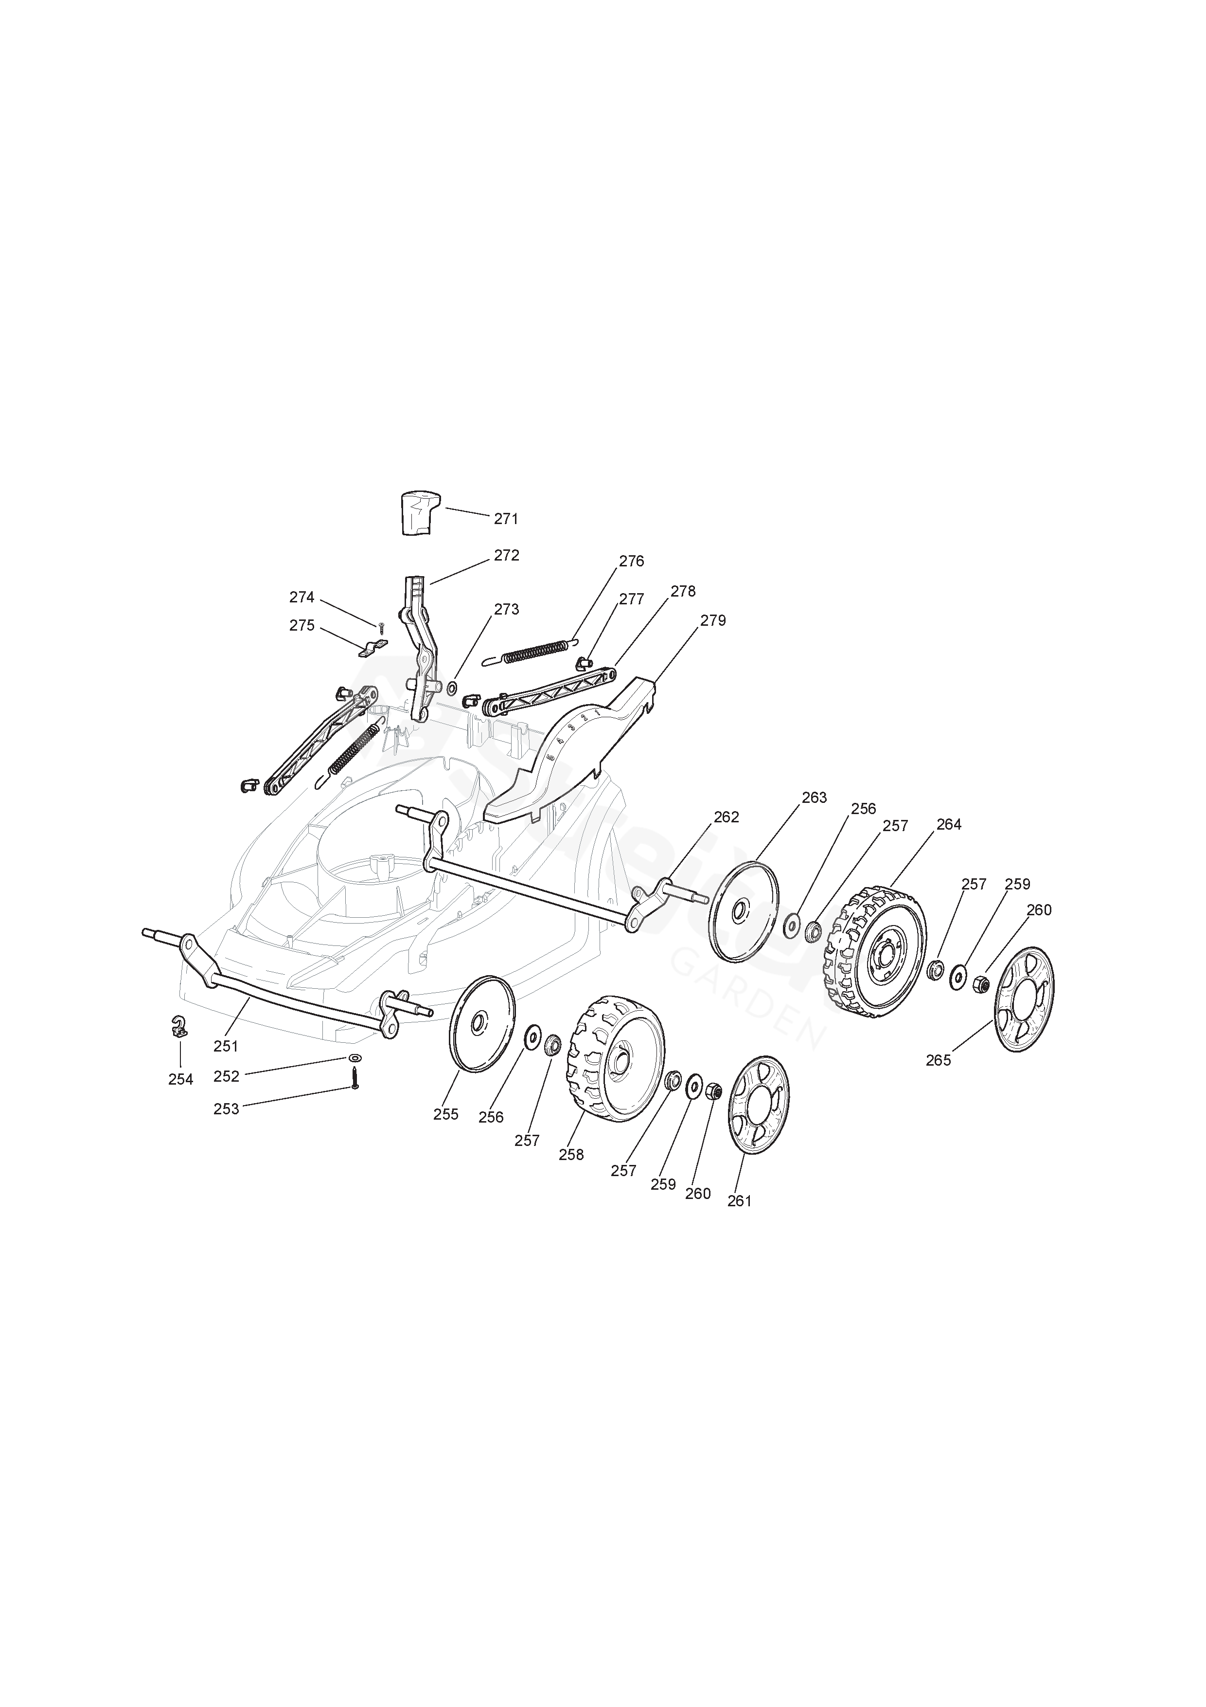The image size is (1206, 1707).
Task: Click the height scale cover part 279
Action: pyautogui.click(x=572, y=751)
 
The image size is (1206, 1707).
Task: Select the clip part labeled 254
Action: pyautogui.click(x=179, y=1027)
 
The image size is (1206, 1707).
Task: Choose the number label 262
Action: pyautogui.click(x=726, y=817)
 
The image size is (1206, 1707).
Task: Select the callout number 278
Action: pyautogui.click(x=683, y=591)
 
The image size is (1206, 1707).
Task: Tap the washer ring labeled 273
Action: pyautogui.click(x=453, y=684)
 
